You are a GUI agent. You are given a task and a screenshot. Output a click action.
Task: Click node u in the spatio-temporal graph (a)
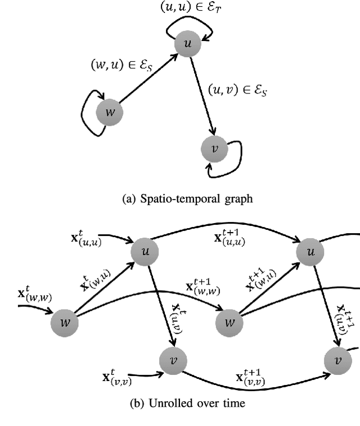(x=187, y=43)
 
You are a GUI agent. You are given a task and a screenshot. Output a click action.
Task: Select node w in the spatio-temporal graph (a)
(x=110, y=112)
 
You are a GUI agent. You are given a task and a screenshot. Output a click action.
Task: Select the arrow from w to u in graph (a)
(x=147, y=79)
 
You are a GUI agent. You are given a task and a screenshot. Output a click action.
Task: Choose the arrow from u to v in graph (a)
(x=201, y=95)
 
